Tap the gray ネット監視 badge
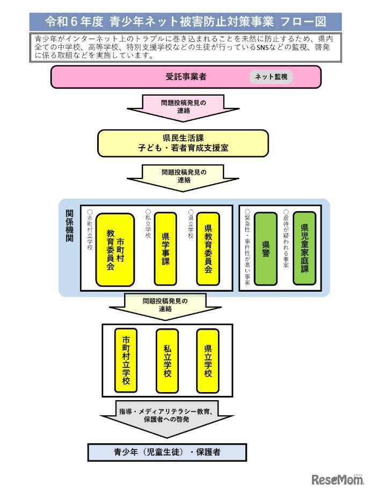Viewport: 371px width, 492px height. click(x=271, y=77)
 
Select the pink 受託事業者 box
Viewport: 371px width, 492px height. click(x=185, y=77)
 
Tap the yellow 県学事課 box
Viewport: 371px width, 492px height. click(x=165, y=248)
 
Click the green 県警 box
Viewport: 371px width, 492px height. click(x=265, y=248)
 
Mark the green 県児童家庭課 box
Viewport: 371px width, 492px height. click(x=304, y=248)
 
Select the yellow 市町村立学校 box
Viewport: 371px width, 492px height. click(x=126, y=360)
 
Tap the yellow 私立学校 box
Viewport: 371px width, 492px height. click(x=167, y=360)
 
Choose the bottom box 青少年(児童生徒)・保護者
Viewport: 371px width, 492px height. click(x=167, y=452)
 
